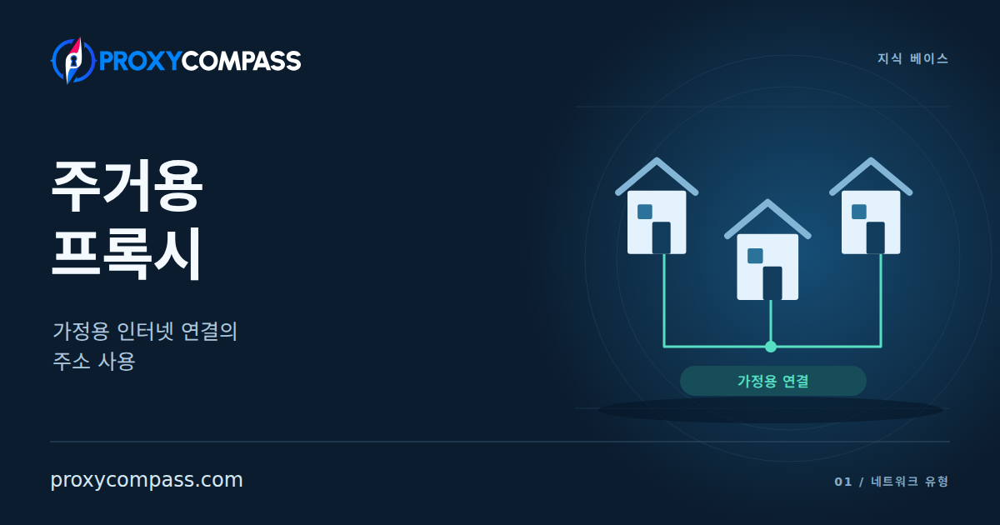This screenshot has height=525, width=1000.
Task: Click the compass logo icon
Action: tap(73, 61)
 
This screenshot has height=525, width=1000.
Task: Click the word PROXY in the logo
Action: tap(140, 61)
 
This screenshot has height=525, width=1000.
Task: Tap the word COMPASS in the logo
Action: tap(242, 61)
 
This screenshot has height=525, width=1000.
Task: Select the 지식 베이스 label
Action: tap(913, 58)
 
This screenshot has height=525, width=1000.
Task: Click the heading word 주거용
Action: tap(127, 185)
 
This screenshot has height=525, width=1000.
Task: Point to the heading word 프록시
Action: tap(127, 253)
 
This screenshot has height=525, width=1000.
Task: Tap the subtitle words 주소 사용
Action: tap(93, 361)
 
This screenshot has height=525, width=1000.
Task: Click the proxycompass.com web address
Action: tap(147, 480)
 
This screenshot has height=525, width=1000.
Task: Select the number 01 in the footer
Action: tap(842, 482)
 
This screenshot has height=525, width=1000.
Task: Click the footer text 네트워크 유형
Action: tap(909, 482)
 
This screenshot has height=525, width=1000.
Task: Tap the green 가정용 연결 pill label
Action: tap(773, 381)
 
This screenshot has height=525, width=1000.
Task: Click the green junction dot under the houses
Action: tap(771, 347)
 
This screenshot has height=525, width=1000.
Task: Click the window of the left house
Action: tap(645, 212)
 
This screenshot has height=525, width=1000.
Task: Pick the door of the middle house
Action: tap(772, 283)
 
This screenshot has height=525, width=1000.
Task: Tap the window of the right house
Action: tap(859, 212)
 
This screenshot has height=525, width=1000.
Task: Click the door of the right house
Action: tap(876, 237)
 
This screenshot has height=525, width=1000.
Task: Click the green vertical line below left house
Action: tap(664, 300)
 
